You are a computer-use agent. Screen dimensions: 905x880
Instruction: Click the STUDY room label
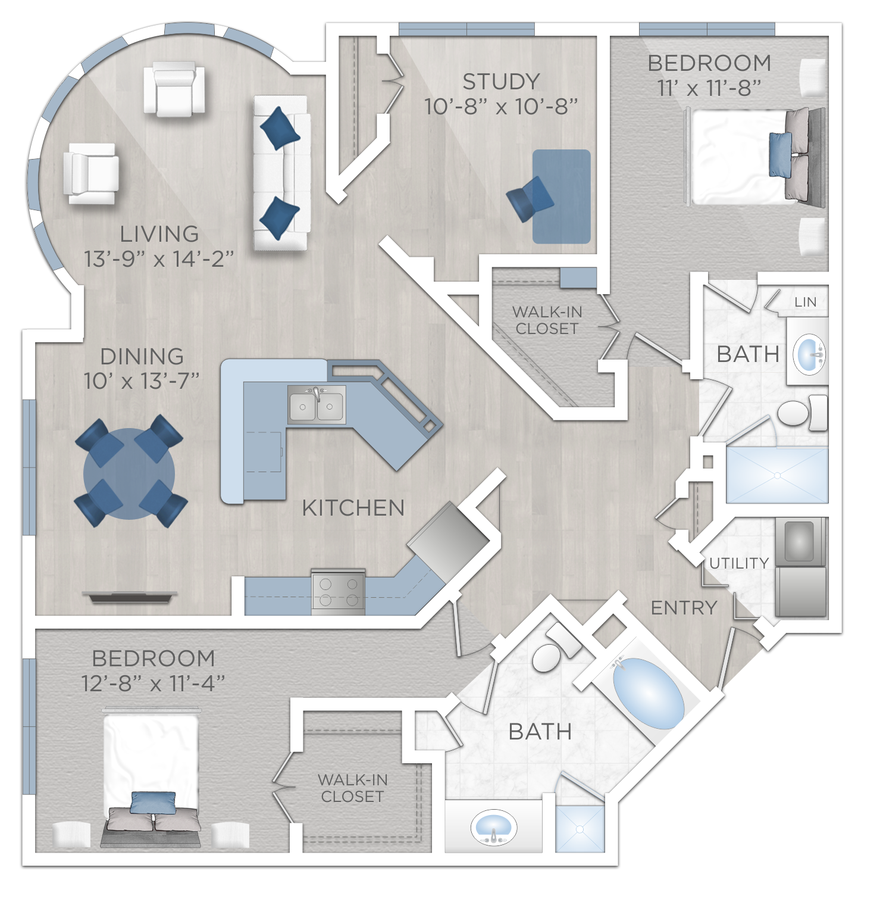click(x=501, y=82)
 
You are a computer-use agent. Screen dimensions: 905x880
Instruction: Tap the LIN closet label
click(x=805, y=302)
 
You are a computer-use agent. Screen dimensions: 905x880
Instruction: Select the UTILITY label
click(x=739, y=563)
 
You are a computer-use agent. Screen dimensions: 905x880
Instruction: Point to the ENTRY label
click(x=684, y=608)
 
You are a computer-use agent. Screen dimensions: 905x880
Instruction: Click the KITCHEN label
click(x=353, y=508)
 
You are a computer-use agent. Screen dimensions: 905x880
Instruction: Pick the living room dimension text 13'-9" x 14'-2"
click(x=159, y=259)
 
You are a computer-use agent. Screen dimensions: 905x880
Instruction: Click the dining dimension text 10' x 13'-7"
click(x=142, y=381)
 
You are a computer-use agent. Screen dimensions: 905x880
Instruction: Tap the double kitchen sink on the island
click(x=317, y=405)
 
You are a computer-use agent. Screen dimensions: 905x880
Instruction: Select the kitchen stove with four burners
click(x=339, y=591)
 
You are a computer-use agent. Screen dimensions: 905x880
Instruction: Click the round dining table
click(x=129, y=473)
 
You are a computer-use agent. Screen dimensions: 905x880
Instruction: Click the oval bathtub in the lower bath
click(x=648, y=693)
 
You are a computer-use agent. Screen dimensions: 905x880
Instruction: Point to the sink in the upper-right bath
click(x=809, y=355)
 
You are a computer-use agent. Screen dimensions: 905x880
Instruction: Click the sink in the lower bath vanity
click(x=493, y=828)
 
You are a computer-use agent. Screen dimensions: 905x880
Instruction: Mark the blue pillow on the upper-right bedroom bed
click(x=780, y=155)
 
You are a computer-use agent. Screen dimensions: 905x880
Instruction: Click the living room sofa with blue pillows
click(x=281, y=173)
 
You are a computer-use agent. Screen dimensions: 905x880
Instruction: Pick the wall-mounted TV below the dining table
click(x=130, y=597)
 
